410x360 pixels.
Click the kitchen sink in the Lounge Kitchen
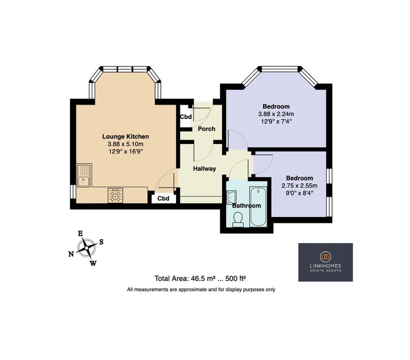coord(84,175)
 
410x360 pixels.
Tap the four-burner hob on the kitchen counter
coord(115,196)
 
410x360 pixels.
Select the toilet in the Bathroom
coord(238,219)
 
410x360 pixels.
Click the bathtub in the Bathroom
coord(258,206)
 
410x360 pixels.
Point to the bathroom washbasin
coord(231,197)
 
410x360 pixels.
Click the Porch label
coord(207,129)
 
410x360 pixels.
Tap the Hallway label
coord(204,169)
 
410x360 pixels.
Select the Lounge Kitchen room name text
coord(125,137)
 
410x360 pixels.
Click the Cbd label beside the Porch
coord(186,116)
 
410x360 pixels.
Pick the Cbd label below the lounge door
coord(163,198)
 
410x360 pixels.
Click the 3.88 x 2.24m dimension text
coord(276,114)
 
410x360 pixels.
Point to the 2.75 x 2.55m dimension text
coord(299,186)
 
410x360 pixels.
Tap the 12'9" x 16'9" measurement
coord(125,151)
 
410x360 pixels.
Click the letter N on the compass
coord(71,254)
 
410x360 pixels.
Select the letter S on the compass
coord(101,242)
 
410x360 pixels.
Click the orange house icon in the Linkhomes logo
coord(326,257)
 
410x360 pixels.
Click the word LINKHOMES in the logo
coord(326,266)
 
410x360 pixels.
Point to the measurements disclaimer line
coord(201,290)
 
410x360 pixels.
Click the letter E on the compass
coord(81,233)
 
